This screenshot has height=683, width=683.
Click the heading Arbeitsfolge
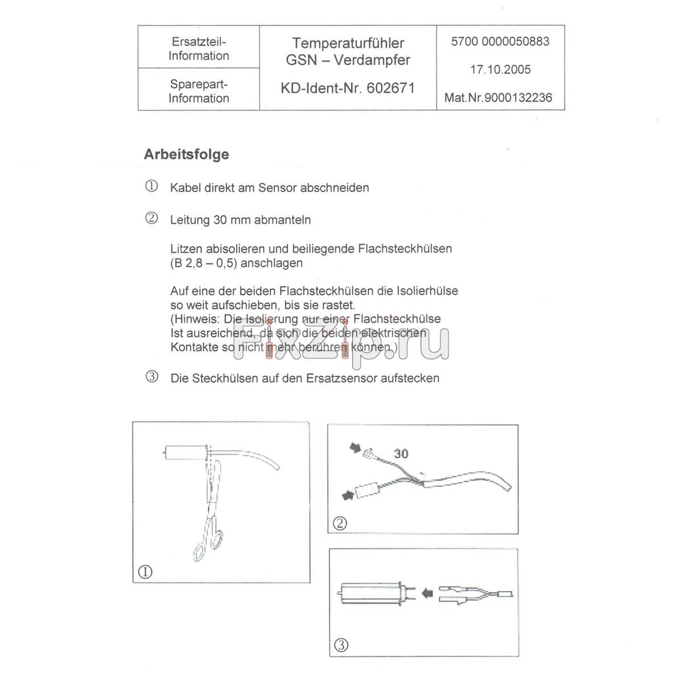186,154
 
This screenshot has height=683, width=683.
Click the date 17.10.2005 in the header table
500,70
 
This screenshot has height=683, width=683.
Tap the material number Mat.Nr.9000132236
498,98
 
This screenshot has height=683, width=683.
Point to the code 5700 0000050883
500,42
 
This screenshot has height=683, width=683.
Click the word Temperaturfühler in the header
348,43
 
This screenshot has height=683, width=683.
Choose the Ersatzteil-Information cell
199,48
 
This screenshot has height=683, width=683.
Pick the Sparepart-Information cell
199,91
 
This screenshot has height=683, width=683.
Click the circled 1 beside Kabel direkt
151,187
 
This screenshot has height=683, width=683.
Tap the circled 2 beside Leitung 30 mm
151,219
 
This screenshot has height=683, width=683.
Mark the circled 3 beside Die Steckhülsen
151,377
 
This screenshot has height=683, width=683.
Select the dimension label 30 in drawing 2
401,454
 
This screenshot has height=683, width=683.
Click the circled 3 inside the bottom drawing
340,645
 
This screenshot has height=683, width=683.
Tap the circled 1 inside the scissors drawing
146,571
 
